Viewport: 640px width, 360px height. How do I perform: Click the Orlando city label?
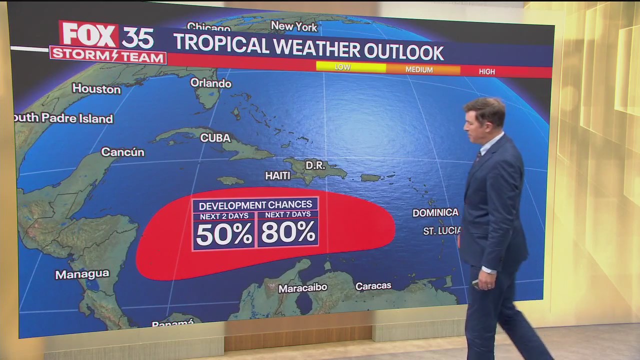point(210,83)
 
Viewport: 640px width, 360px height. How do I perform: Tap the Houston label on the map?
point(96,89)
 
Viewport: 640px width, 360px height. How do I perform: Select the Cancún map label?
point(122,152)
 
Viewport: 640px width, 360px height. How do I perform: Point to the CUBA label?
point(215,137)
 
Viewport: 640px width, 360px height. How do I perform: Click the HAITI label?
point(277,175)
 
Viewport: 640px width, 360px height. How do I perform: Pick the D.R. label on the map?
point(315,165)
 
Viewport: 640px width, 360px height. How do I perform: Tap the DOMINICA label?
point(435,212)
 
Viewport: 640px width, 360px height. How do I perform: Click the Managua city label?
point(82,274)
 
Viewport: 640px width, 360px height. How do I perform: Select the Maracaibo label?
point(302,288)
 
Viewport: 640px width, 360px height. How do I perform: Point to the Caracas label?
point(373,286)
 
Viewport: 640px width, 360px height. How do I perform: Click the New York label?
point(294,26)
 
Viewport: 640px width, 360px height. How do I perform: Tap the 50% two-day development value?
point(224,234)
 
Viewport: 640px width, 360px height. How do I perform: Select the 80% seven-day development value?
point(288,232)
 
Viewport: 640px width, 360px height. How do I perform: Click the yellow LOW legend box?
point(350,67)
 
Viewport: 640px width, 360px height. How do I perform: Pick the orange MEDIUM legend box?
point(423,69)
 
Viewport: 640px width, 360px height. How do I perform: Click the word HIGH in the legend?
point(486,71)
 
